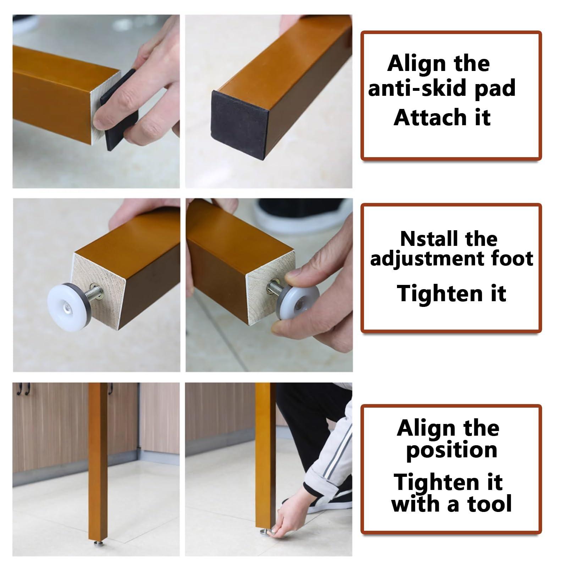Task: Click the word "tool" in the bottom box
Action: (490, 504)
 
